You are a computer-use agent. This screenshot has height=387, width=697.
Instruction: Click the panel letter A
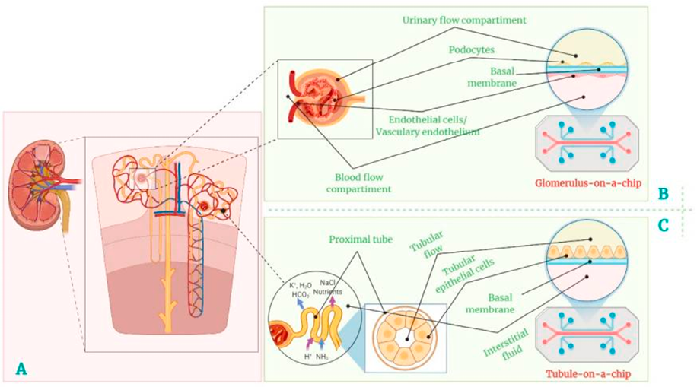[21, 368]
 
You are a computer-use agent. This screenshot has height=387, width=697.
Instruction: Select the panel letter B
[663, 194]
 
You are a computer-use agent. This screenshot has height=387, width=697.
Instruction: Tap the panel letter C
[663, 225]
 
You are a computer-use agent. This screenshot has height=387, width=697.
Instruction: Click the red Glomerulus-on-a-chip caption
[588, 182]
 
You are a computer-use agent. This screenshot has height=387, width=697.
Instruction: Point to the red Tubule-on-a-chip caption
[590, 374]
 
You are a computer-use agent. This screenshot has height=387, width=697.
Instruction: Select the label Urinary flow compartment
[464, 21]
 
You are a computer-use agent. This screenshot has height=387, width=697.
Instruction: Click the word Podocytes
[471, 49]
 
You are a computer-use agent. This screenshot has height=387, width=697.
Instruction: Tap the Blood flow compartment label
[358, 183]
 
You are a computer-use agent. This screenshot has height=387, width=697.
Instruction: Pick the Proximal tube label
[361, 239]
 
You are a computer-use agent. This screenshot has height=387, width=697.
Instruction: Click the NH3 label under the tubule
[323, 357]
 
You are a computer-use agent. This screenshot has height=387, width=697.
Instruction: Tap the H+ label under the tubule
[307, 356]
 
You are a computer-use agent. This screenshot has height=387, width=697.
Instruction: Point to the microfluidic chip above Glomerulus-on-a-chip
[587, 144]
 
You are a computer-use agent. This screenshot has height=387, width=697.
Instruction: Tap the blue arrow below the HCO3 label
[301, 304]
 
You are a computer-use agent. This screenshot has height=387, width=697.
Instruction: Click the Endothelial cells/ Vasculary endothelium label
[428, 125]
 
